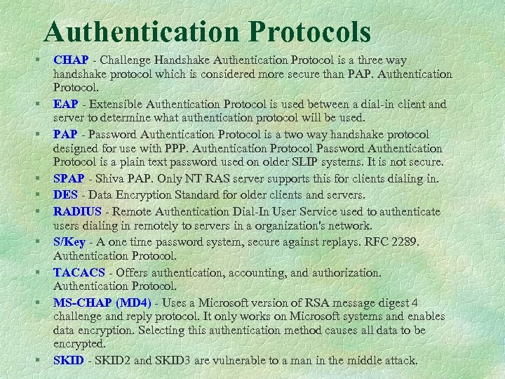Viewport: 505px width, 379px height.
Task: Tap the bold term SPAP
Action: [69, 180]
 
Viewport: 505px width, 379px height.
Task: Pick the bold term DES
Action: [65, 195]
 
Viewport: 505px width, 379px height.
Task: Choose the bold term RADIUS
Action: [78, 211]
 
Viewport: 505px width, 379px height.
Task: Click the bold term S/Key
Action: [70, 241]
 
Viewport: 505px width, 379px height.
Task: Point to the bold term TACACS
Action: [79, 272]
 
